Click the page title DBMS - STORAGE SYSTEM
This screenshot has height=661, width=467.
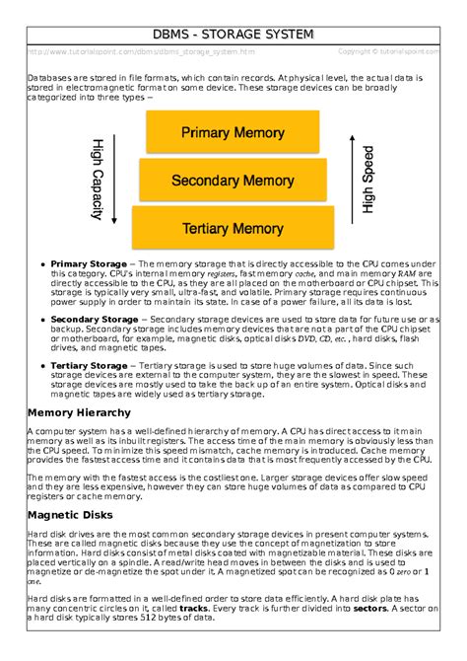(233, 36)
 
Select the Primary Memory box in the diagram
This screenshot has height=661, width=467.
(233, 132)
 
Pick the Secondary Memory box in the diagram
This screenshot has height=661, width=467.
(233, 181)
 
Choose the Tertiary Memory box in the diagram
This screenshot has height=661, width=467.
(233, 228)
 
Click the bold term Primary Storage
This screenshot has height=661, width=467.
(89, 264)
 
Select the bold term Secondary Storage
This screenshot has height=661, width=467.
(95, 320)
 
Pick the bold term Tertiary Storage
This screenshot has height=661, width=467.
(89, 365)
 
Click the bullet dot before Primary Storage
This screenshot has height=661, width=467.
(41, 265)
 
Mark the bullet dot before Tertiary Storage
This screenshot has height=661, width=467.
(41, 366)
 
